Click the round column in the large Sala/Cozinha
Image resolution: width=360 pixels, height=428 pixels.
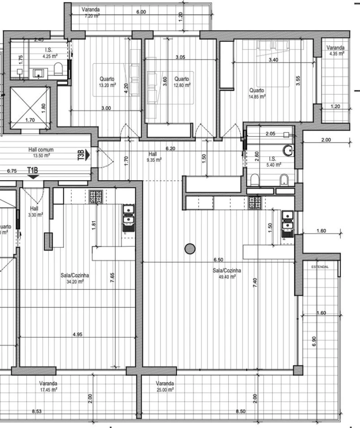coord(190,249)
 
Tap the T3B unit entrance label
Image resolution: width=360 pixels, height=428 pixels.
coord(82,155)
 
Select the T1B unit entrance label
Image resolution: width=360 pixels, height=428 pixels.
coord(33,171)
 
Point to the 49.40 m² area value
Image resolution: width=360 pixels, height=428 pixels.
coord(224,276)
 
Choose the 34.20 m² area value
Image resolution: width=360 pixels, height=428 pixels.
coord(75,281)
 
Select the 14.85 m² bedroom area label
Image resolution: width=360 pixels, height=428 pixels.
coord(257,96)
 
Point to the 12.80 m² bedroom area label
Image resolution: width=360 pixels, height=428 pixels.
coord(182,85)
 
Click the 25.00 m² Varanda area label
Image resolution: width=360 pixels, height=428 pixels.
coord(165,389)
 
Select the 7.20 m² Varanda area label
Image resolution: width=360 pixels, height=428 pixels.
coord(92,15)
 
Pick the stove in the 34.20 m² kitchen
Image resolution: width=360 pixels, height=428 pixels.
coord(96,197)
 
